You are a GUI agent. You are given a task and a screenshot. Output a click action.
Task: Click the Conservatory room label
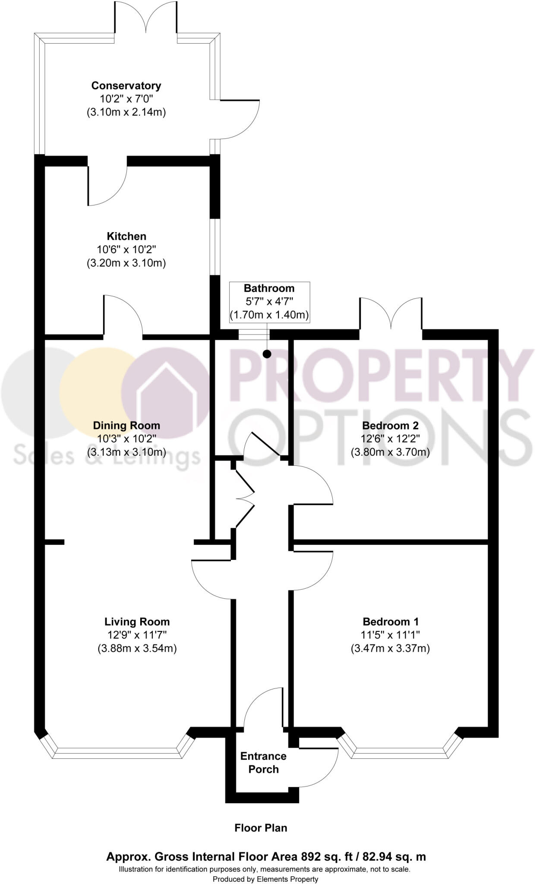[126, 85]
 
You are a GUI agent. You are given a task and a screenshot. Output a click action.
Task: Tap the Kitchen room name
[126, 236]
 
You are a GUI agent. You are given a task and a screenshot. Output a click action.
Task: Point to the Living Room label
[137, 622]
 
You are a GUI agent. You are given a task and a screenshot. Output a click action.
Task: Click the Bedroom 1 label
[390, 622]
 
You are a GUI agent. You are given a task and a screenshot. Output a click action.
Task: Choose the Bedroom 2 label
[390, 426]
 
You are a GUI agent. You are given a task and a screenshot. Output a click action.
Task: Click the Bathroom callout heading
[269, 288]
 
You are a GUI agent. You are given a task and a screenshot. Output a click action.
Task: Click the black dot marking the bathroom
[267, 354]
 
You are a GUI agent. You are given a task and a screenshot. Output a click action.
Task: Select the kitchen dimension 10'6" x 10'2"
[126, 249]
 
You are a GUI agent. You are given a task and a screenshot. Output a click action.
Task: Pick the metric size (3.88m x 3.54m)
[137, 648]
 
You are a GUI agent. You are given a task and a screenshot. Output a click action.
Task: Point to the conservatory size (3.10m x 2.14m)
[126, 112]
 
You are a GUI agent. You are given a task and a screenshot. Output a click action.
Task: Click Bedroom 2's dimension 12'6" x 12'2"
[390, 439]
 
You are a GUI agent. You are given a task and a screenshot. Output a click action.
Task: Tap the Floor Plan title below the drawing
[261, 827]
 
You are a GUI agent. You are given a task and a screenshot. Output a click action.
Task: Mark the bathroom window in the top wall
[254, 335]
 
